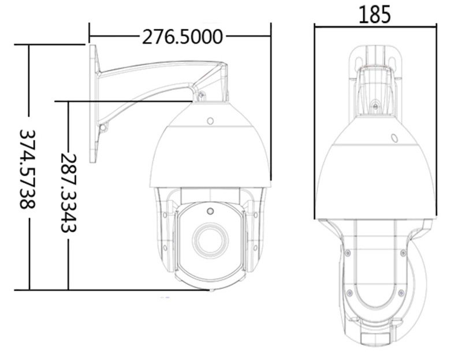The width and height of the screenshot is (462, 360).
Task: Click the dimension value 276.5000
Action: [182, 37]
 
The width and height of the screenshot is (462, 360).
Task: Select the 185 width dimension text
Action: [374, 14]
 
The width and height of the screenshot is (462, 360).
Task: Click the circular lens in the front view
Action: [210, 239]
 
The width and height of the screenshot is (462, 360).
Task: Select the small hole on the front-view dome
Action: [210, 122]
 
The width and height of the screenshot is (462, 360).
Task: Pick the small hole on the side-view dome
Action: [394, 139]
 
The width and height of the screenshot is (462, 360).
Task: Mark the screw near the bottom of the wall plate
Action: [102, 127]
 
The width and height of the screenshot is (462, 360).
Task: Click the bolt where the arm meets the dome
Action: [200, 96]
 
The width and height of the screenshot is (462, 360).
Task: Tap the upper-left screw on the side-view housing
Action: [347, 253]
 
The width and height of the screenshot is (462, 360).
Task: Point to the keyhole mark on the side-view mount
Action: [375, 106]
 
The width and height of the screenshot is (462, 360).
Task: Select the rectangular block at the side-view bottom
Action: [375, 336]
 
